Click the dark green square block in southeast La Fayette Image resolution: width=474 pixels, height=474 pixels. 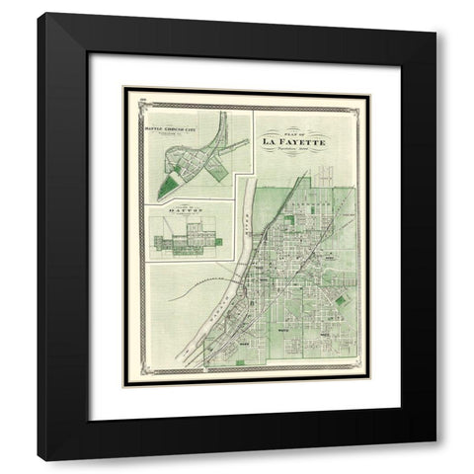342,300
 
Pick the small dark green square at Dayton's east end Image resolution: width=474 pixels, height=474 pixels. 223,234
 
